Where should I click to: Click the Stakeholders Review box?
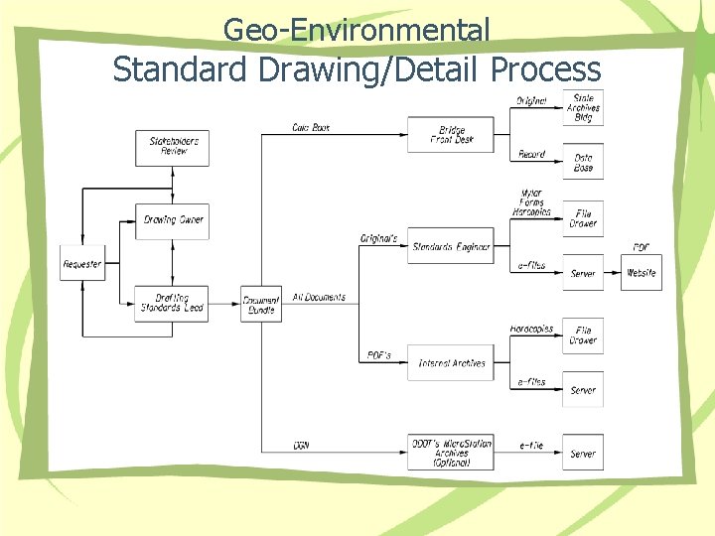click(x=173, y=147)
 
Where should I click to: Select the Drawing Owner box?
click(x=173, y=219)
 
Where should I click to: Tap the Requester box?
click(x=82, y=264)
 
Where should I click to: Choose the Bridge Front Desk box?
click(x=451, y=134)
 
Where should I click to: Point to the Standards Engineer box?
click(x=451, y=246)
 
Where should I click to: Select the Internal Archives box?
click(x=451, y=363)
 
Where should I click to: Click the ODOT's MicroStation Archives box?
click(x=451, y=453)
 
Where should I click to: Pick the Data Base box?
click(x=583, y=163)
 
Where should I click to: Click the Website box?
click(x=642, y=273)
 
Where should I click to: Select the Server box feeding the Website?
click(x=583, y=273)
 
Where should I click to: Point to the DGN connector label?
click(x=302, y=445)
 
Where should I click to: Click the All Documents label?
click(x=319, y=297)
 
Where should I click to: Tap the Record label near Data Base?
click(x=531, y=155)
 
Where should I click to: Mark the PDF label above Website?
click(x=642, y=247)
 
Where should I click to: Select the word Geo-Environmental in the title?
click(x=357, y=30)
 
